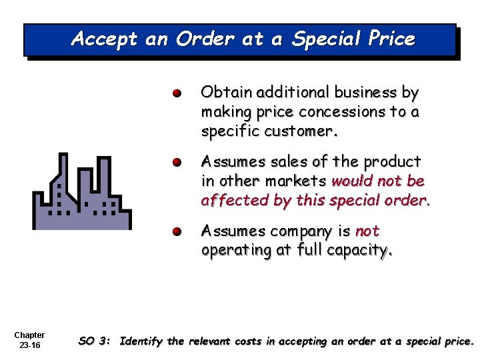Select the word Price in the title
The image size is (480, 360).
point(391,39)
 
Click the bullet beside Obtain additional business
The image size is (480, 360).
point(176,93)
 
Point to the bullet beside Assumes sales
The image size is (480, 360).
point(176,162)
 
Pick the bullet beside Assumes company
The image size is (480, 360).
point(176,232)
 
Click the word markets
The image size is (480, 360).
point(295,181)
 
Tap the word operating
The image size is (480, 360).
point(234,251)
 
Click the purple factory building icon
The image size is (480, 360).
point(82,191)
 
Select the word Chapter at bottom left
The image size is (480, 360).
point(29,335)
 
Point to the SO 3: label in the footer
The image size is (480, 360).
point(95,342)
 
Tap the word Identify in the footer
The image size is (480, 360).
point(142,342)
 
